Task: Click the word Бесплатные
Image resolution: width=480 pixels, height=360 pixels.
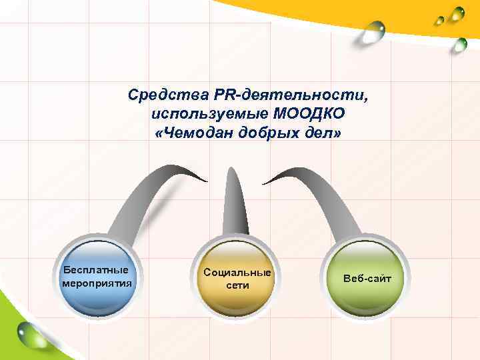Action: (95, 271)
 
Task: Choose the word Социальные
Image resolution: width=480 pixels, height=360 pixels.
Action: (237, 273)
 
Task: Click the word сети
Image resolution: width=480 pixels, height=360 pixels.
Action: (237, 285)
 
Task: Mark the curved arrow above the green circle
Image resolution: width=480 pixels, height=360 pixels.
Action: (320, 193)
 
